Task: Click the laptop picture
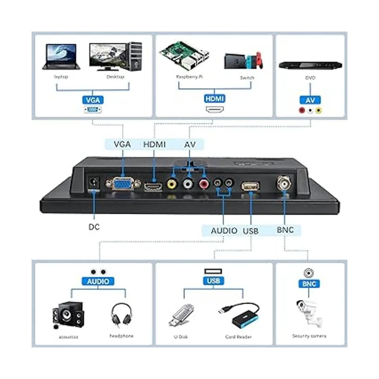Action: pyautogui.click(x=61, y=57)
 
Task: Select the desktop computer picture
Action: pyautogui.click(x=116, y=57)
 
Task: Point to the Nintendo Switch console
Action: pyautogui.click(x=243, y=61)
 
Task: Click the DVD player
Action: pyautogui.click(x=310, y=65)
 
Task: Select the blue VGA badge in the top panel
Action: pyautogui.click(x=93, y=100)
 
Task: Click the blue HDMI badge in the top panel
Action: pyautogui.click(x=214, y=99)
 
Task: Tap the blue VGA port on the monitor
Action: pyautogui.click(x=123, y=183)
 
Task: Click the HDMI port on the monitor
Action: pyautogui.click(x=154, y=187)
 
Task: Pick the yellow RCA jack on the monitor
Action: pyautogui.click(x=172, y=183)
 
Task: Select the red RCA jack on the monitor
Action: pyautogui.click(x=204, y=183)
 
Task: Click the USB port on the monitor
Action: pyautogui.click(x=251, y=186)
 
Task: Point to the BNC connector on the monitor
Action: pyautogui.click(x=285, y=182)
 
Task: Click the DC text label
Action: pyautogui.click(x=94, y=227)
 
